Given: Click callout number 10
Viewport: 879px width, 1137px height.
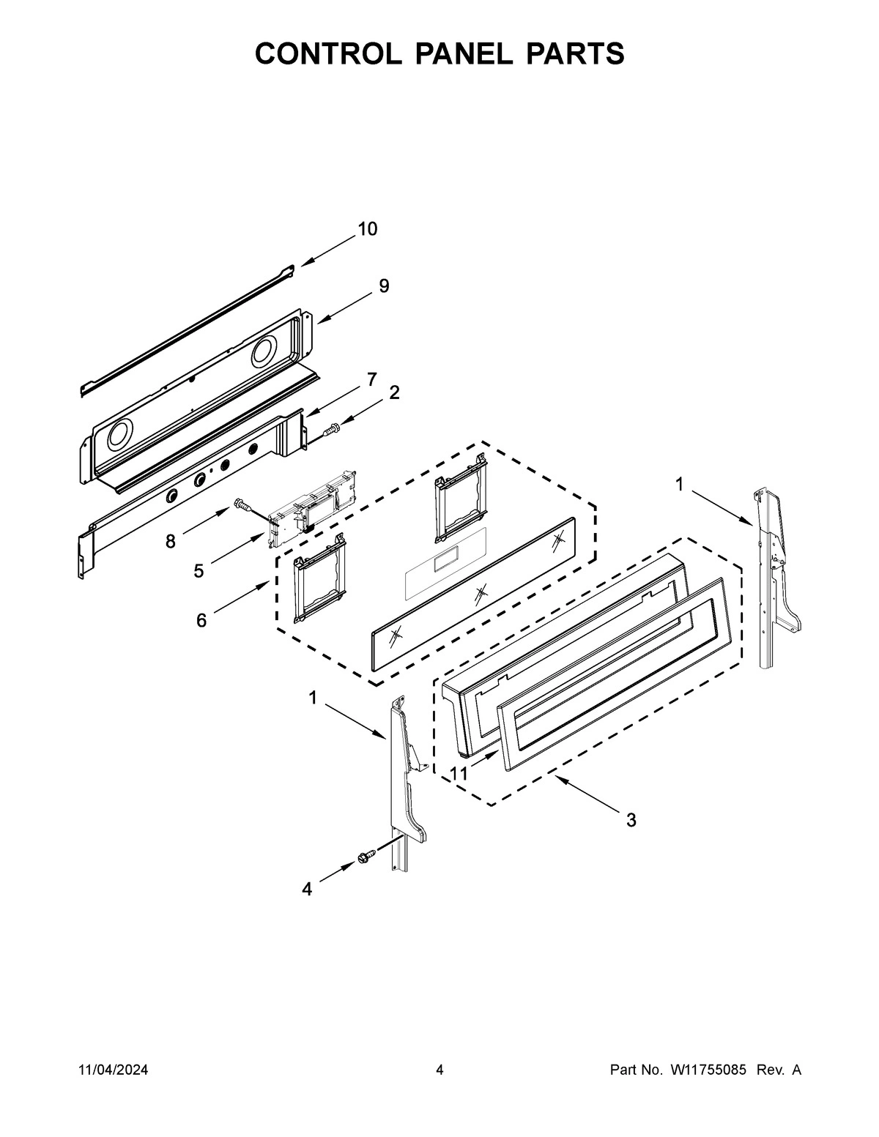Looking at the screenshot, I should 368,229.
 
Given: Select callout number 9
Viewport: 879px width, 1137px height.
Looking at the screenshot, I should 384,286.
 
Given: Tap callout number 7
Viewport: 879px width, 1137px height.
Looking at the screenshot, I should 372,379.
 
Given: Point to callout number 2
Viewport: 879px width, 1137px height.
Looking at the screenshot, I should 394,393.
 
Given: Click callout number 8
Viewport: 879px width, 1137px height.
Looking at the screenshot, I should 170,542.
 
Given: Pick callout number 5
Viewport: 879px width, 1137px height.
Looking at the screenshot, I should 199,571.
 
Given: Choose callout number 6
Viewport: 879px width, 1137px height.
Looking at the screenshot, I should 201,621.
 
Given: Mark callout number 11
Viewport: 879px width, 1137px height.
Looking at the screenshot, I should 459,774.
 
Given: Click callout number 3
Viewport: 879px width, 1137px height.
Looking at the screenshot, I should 631,821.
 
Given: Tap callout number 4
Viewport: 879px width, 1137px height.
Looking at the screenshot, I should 307,890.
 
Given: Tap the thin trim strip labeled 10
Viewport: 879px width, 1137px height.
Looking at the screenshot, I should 187,329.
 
